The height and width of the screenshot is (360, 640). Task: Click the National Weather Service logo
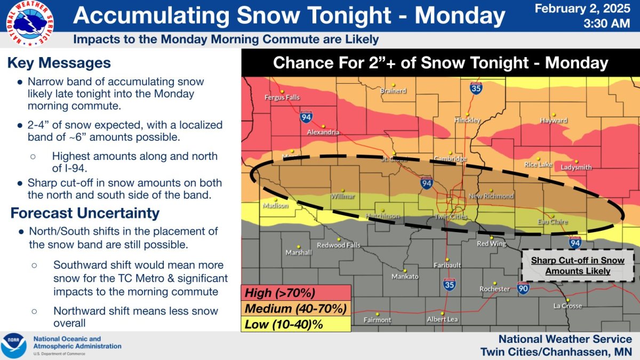click(x=29, y=23)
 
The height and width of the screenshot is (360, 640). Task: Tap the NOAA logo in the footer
click(x=14, y=346)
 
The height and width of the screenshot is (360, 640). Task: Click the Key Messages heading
click(x=59, y=63)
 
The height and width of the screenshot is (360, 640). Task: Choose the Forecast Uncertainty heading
click(x=85, y=213)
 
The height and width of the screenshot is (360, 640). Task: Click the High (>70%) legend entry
click(x=280, y=293)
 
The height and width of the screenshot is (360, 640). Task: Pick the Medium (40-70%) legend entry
click(x=295, y=308)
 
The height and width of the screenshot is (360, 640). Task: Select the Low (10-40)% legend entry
click(x=284, y=324)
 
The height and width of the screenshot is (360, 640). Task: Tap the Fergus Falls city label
click(x=282, y=98)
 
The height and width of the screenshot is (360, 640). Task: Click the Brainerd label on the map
click(x=393, y=91)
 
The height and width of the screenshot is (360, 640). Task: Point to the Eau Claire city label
click(x=552, y=222)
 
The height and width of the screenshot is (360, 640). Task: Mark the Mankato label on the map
click(x=405, y=276)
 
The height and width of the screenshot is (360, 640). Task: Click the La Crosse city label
click(x=567, y=306)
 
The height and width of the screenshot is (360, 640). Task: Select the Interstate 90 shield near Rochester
click(x=523, y=289)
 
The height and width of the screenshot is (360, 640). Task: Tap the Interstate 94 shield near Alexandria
click(x=306, y=116)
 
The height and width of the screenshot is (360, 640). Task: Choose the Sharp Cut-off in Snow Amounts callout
click(x=578, y=266)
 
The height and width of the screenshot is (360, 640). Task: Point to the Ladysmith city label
click(x=576, y=167)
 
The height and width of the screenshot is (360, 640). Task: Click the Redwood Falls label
click(x=339, y=245)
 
